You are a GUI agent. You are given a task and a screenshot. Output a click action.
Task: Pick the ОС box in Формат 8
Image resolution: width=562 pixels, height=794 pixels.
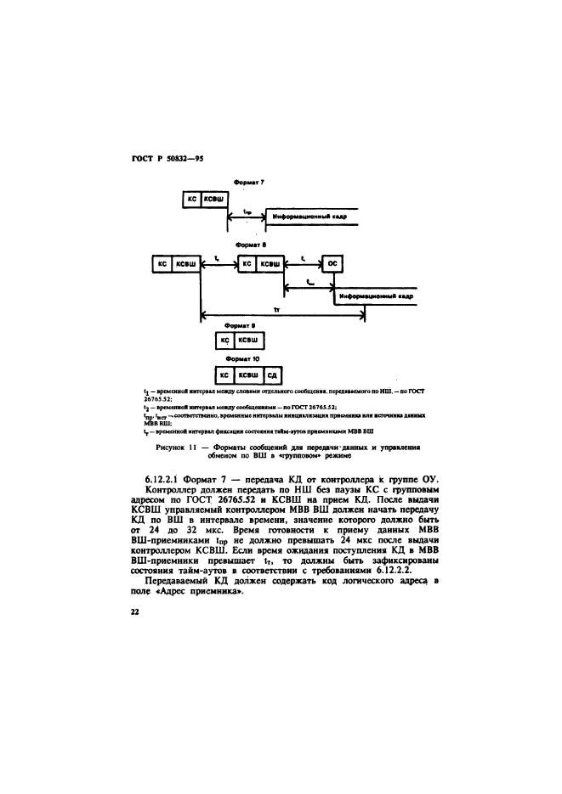pyautogui.click(x=332, y=264)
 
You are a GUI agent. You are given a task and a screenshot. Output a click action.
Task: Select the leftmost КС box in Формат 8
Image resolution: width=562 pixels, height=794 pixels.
pyautogui.click(x=161, y=264)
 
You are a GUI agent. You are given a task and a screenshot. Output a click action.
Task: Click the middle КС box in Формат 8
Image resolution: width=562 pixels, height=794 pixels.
pyautogui.click(x=247, y=264)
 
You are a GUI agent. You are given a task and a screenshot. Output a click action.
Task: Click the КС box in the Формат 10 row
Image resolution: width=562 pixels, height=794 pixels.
pyautogui.click(x=224, y=374)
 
